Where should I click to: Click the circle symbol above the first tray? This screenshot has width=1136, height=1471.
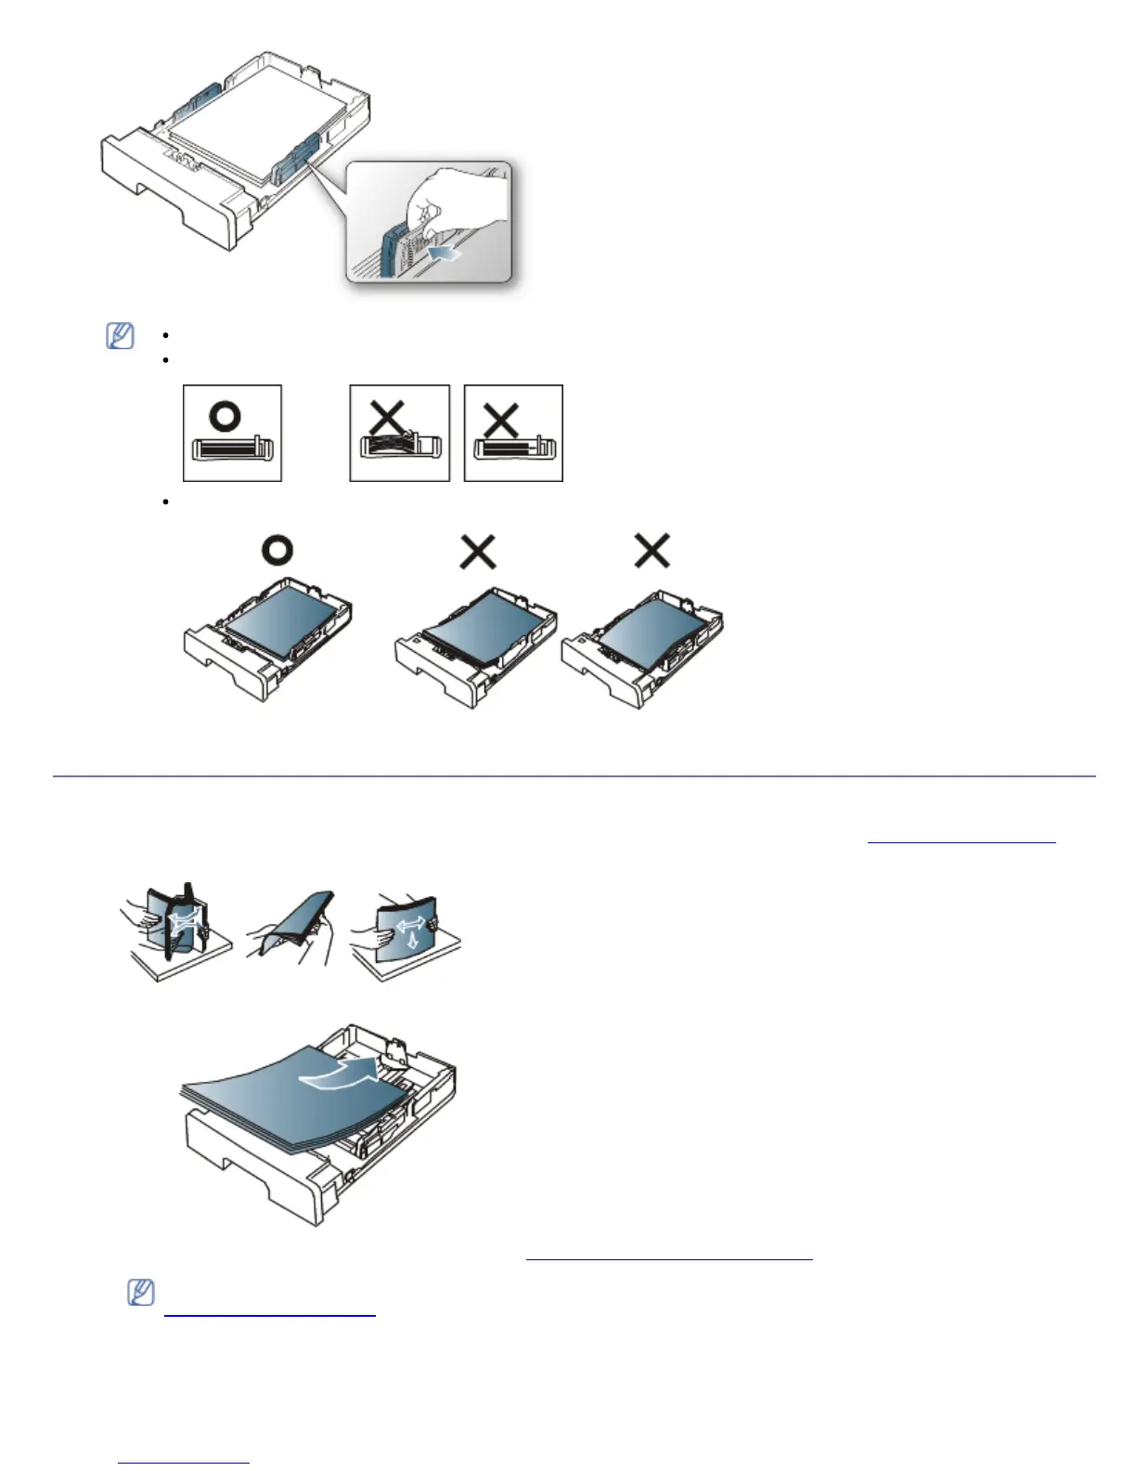click(277, 551)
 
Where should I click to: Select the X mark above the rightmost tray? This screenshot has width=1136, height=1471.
click(652, 552)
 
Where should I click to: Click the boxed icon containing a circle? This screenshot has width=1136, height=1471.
click(232, 433)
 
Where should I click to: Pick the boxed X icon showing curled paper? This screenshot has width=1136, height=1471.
click(399, 433)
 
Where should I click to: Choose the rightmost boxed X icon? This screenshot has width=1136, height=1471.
click(513, 433)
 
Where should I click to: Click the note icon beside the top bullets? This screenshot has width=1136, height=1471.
click(120, 335)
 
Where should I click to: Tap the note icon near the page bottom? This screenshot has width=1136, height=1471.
click(140, 1293)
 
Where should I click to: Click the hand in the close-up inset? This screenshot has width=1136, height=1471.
click(455, 200)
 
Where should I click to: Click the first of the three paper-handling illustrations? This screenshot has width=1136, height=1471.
click(174, 933)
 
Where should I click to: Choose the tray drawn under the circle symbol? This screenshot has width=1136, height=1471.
click(269, 636)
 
